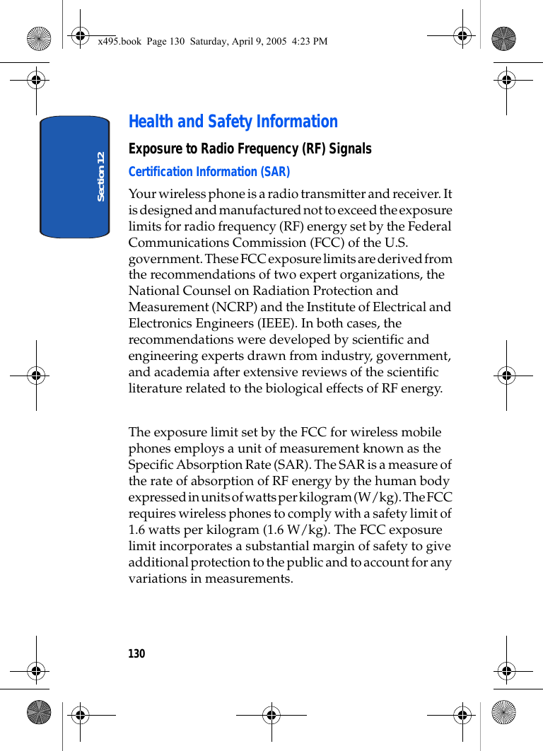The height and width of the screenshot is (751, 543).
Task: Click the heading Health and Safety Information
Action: pyautogui.click(x=233, y=122)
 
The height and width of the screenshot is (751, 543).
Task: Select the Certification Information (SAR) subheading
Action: pyautogui.click(x=209, y=172)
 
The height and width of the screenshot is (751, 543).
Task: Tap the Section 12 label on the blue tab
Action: pyautogui.click(x=101, y=176)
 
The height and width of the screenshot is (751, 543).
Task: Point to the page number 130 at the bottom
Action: pyautogui.click(x=136, y=653)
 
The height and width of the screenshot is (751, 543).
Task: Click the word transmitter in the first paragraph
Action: pyautogui.click(x=334, y=194)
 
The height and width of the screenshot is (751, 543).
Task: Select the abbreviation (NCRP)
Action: pyautogui.click(x=238, y=307)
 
